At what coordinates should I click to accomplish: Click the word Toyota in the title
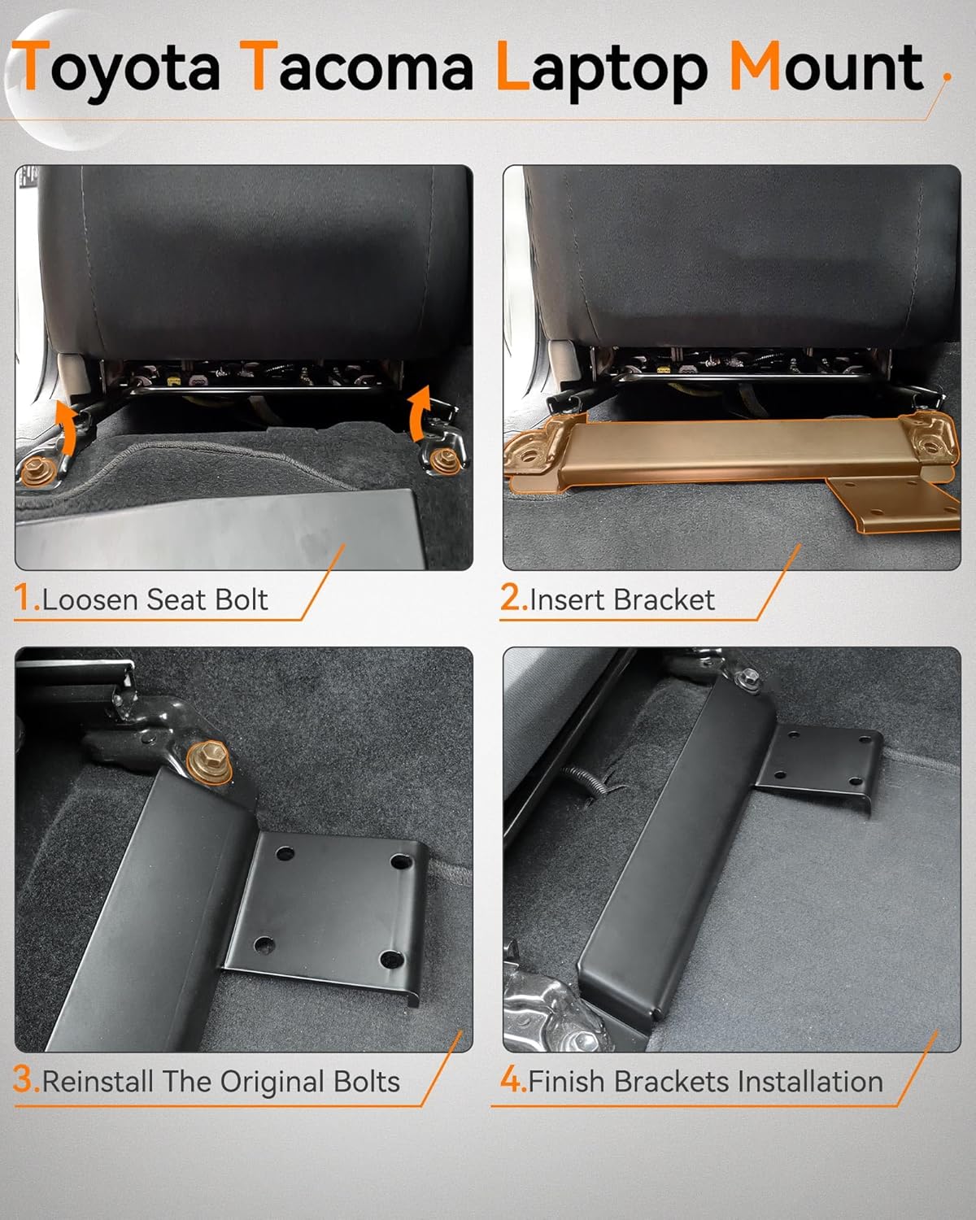tap(119, 68)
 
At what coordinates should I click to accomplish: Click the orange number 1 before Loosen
tap(24, 599)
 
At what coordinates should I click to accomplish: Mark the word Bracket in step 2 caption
tap(666, 599)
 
